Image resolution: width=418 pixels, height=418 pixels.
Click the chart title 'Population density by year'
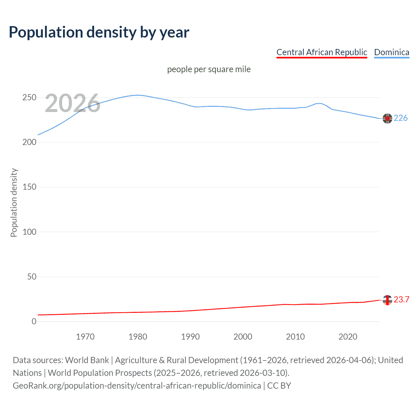pyautogui.click(x=99, y=32)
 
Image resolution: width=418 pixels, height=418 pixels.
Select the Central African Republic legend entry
pyautogui.click(x=322, y=52)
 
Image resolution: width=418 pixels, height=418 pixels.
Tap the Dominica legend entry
pyautogui.click(x=392, y=52)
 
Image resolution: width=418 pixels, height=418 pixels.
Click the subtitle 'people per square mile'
pyautogui.click(x=209, y=69)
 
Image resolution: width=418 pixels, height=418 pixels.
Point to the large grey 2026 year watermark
pyautogui.click(x=72, y=103)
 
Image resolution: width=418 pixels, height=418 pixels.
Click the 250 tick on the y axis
pyautogui.click(x=29, y=98)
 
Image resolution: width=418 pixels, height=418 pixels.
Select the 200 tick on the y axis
pyautogui.click(x=29, y=142)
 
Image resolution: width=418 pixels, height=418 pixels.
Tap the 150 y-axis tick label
pyautogui.click(x=29, y=187)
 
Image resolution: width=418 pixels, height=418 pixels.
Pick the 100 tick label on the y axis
pyautogui.click(x=29, y=232)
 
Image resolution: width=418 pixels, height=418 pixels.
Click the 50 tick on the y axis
pyautogui.click(x=32, y=277)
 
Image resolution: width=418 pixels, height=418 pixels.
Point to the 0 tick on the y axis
pyautogui.click(x=34, y=321)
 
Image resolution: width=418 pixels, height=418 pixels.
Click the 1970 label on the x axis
pyautogui.click(x=85, y=337)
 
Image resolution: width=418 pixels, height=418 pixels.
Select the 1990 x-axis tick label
pyautogui.click(x=190, y=337)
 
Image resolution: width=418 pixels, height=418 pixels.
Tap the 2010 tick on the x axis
pyautogui.click(x=295, y=337)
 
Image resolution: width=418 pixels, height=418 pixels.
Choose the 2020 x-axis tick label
pyautogui.click(x=348, y=337)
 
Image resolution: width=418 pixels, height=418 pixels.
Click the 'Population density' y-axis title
pyautogui.click(x=14, y=202)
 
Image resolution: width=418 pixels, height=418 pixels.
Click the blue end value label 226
pyautogui.click(x=400, y=118)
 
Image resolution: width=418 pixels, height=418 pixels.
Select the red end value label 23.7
pyautogui.click(x=401, y=300)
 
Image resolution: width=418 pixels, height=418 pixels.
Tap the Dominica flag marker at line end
pyautogui.click(x=387, y=119)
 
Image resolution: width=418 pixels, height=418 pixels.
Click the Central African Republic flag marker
pyautogui.click(x=387, y=300)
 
